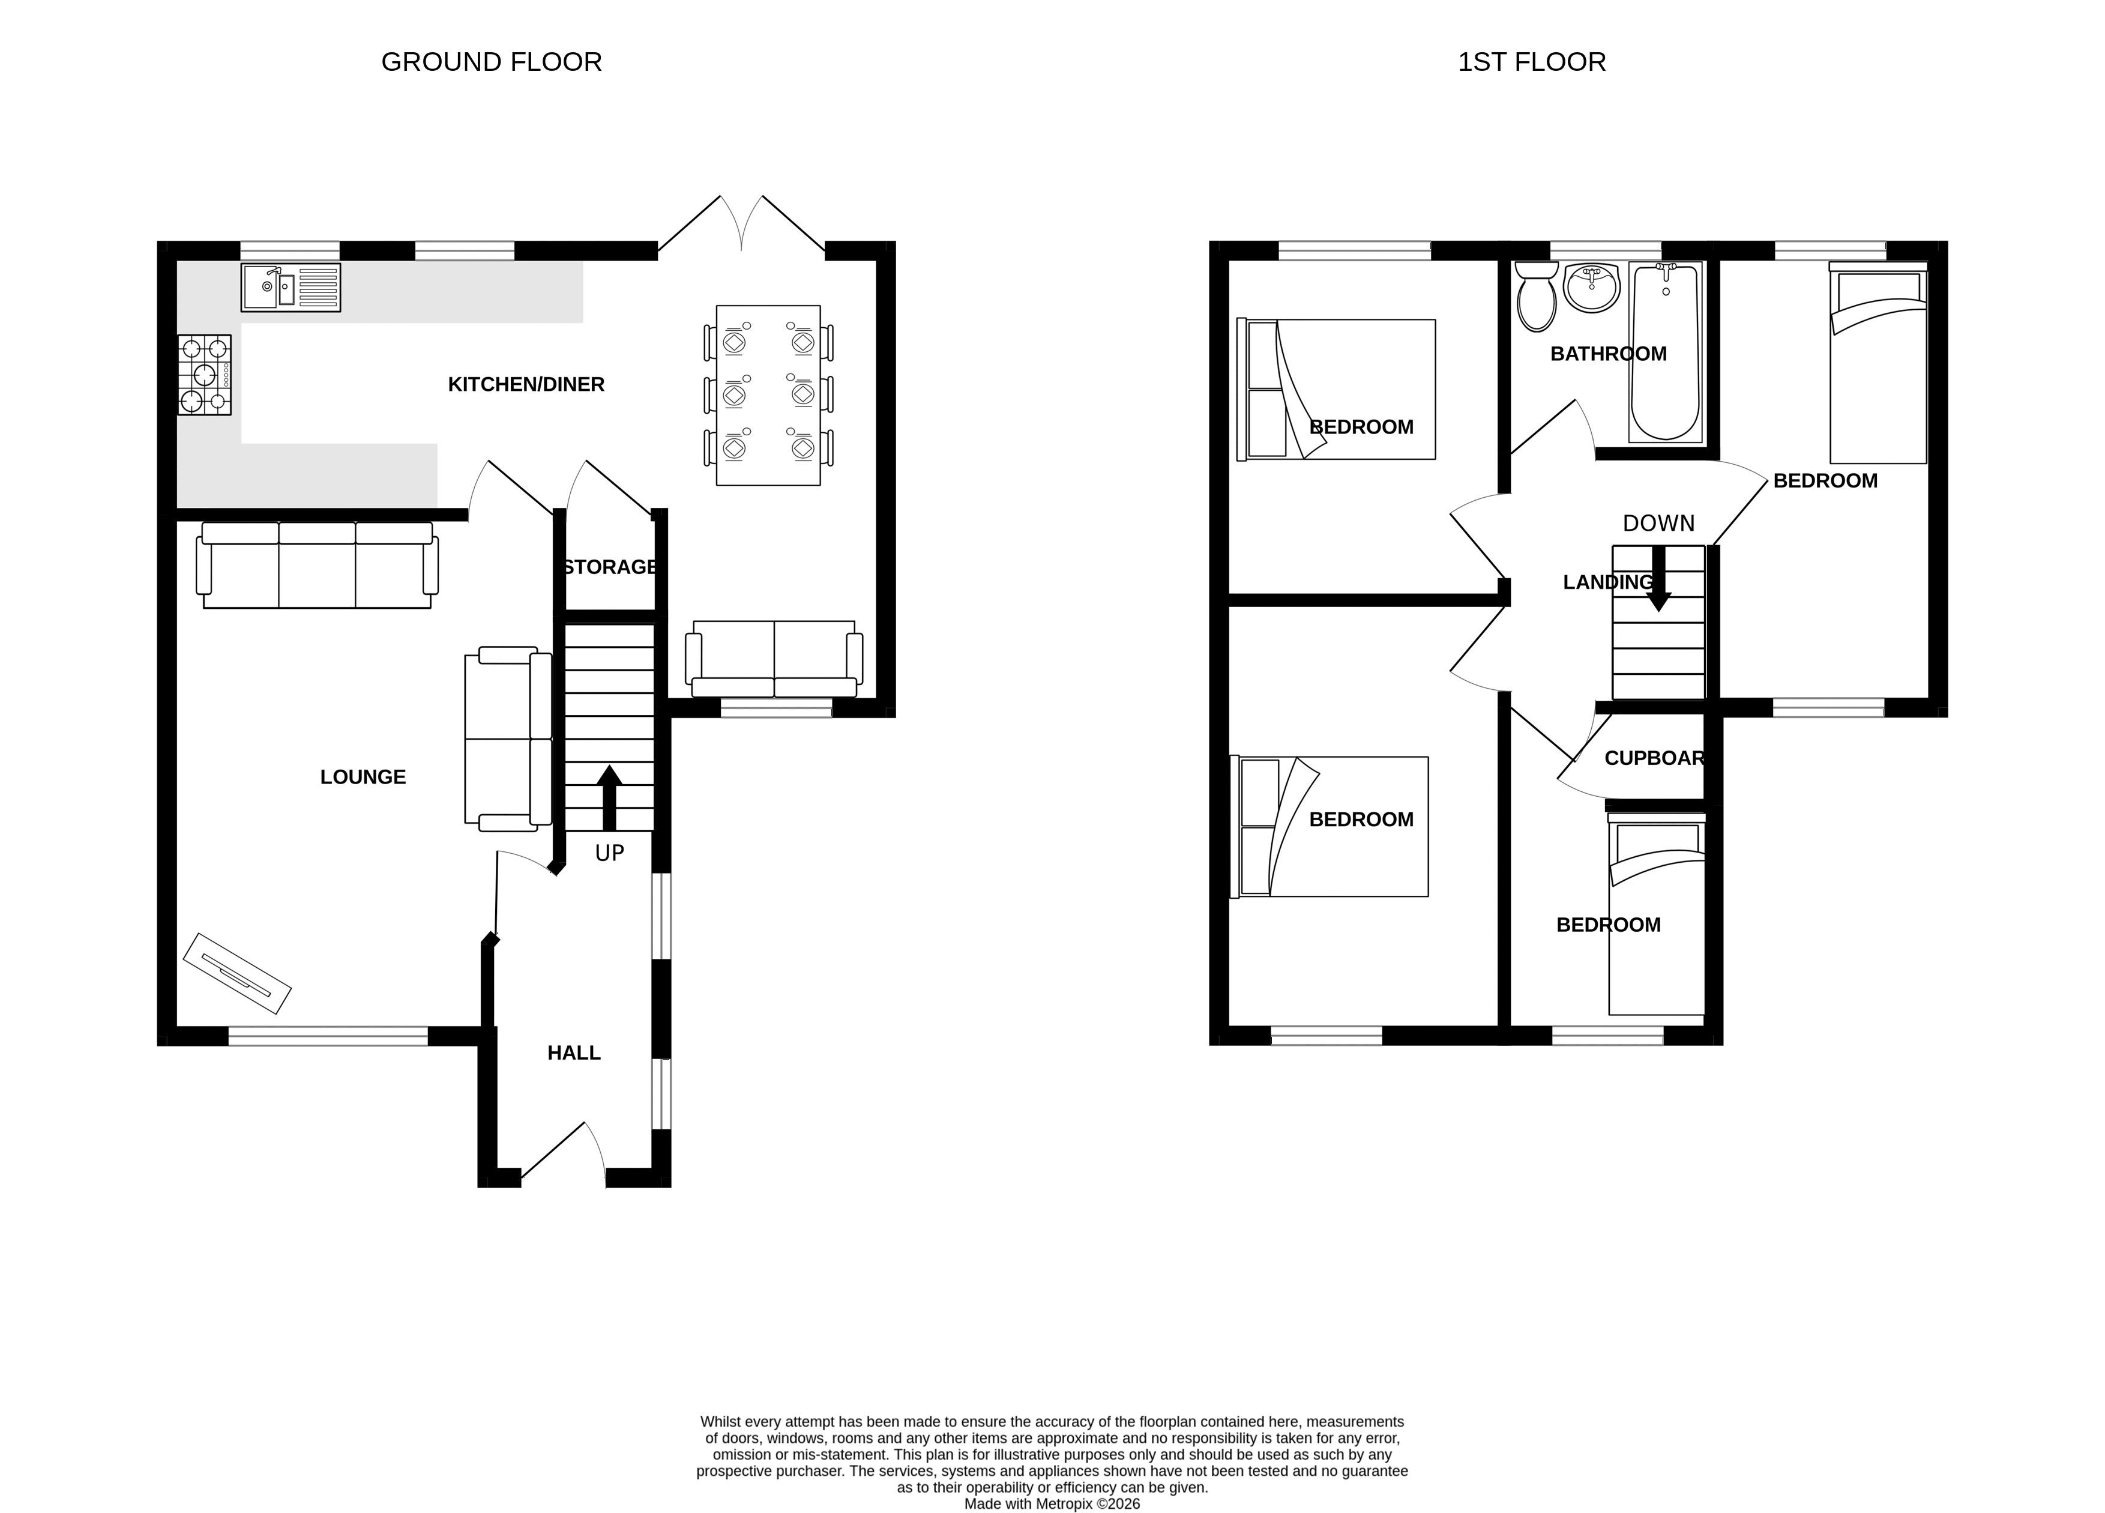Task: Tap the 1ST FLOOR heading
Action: click(x=1531, y=62)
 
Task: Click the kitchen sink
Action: click(x=291, y=288)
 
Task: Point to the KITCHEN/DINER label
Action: click(x=526, y=384)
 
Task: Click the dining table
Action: click(x=768, y=396)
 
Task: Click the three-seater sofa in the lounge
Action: click(x=318, y=566)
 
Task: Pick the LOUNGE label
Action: click(x=363, y=777)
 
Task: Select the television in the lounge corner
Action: click(x=238, y=973)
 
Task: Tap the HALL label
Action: click(x=574, y=1052)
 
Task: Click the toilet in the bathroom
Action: click(x=1537, y=296)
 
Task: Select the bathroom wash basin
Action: click(x=1592, y=287)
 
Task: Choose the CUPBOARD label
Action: click(x=1655, y=758)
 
